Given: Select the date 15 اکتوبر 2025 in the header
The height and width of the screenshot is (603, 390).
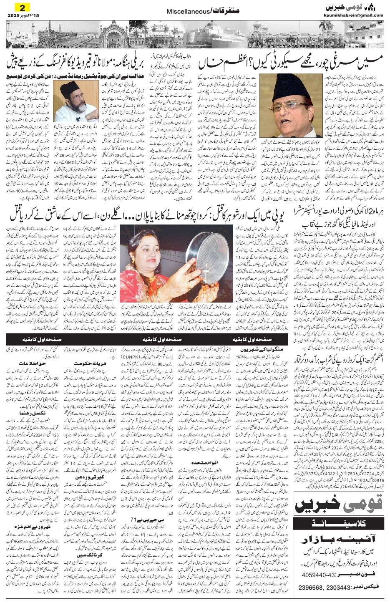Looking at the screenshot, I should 20,15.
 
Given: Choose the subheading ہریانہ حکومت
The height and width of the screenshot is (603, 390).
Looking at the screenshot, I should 86,363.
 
